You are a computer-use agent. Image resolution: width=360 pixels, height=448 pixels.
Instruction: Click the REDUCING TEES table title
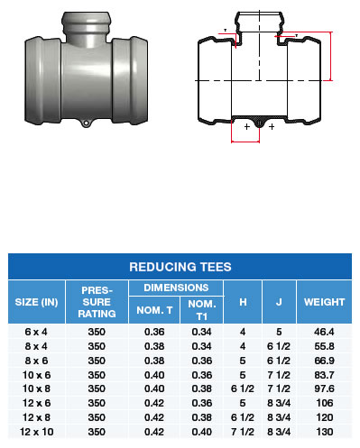180,267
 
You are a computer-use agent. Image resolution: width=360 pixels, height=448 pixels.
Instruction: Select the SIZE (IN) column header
36,302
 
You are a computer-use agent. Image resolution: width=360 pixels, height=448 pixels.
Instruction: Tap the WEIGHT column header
324,302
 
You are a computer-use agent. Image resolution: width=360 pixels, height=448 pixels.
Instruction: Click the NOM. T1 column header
202,310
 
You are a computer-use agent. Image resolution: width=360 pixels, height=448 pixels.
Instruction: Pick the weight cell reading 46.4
324,332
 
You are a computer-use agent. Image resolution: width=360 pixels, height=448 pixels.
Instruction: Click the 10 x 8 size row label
36,389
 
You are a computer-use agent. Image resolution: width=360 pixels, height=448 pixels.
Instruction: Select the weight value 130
325,432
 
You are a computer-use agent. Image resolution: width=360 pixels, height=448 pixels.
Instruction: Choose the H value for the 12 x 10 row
243,432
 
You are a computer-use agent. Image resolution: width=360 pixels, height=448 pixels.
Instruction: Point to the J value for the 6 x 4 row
279,332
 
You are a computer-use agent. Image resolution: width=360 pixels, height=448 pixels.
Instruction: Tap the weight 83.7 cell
324,375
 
